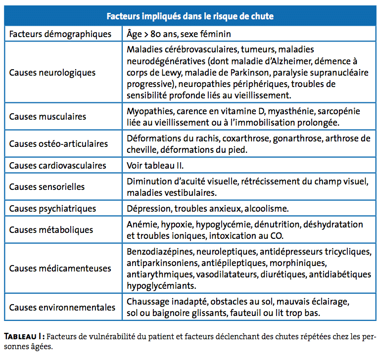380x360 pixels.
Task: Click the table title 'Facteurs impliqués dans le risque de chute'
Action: click(x=190, y=16)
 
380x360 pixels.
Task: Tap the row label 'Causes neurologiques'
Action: click(x=52, y=73)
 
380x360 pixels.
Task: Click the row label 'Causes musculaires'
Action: click(x=47, y=117)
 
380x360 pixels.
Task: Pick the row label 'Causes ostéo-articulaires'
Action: click(x=58, y=144)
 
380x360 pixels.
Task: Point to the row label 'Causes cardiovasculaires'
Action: click(x=57, y=166)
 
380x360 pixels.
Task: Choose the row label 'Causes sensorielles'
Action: click(x=47, y=187)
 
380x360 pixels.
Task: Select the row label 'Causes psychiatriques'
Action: click(x=52, y=209)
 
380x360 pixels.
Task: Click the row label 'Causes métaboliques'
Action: click(x=51, y=230)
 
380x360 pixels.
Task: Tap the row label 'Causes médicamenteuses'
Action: click(x=60, y=269)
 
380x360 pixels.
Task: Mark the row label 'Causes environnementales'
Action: click(x=62, y=307)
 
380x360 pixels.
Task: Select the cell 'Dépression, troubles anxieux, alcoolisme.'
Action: click(x=208, y=209)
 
